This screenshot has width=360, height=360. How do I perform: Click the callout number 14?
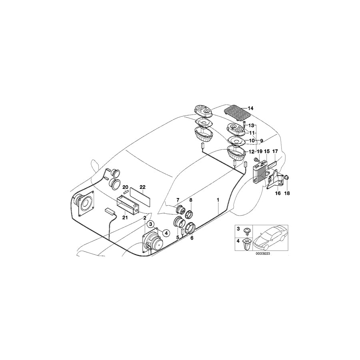[x=250, y=108]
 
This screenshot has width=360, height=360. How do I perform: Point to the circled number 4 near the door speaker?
[x=166, y=233]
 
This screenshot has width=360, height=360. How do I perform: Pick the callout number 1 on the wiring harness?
[x=218, y=199]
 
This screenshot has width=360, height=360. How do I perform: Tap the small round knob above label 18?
[x=287, y=177]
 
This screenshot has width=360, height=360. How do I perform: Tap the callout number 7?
[x=179, y=200]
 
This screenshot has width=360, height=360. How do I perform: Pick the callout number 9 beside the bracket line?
[x=262, y=141]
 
